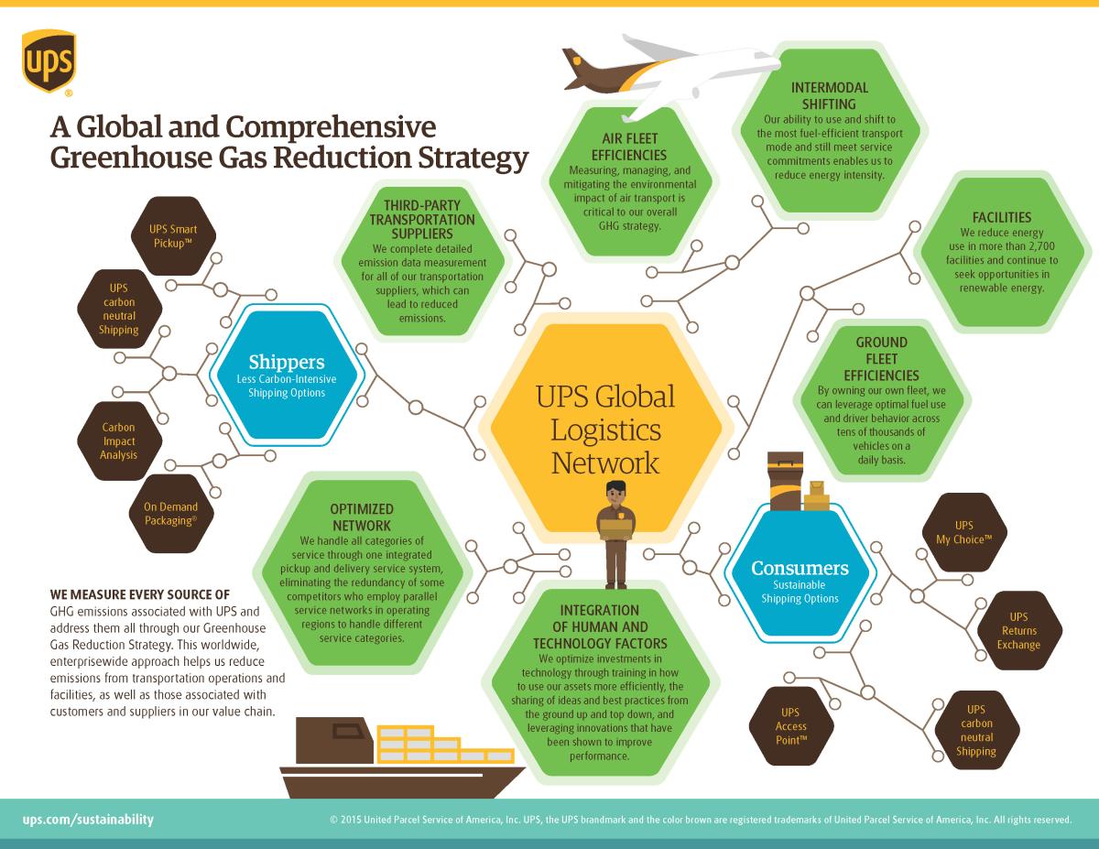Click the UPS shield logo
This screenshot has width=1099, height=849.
coord(49,61)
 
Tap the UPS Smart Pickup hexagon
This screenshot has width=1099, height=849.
coord(173,236)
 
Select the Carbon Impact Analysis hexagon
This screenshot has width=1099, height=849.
coord(119,441)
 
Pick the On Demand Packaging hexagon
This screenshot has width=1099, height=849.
coord(171,513)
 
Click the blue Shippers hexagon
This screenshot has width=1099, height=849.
coord(287,376)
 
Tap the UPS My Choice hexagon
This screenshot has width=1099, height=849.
coord(964,532)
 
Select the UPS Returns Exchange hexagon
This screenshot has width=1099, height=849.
coord(1018,630)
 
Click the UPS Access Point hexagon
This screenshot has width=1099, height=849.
coord(791,726)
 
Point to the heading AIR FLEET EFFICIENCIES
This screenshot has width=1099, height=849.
coord(629,147)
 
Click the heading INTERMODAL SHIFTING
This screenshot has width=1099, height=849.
coord(830,95)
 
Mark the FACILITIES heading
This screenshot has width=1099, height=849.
coord(1002,217)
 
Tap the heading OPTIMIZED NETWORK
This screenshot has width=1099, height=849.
coord(362,517)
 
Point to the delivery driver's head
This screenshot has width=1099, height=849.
coord(615,493)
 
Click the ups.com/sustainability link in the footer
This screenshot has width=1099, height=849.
coord(88,819)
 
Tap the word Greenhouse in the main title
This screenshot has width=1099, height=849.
coord(131,158)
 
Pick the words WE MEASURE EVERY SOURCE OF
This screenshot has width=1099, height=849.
coord(139,594)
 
